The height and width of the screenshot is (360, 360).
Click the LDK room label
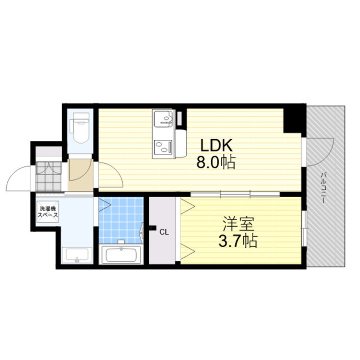pos(217,146)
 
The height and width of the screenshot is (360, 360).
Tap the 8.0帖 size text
pos(216,163)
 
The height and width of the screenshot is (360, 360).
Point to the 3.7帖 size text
pos(238,241)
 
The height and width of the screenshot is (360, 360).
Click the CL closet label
pos(164,233)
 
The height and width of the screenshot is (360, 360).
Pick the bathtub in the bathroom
pos(121,255)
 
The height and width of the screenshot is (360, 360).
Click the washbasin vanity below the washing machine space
pos(77,256)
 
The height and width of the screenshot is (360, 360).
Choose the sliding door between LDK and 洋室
pos(235,195)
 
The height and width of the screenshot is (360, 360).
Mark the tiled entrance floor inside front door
pos(49,176)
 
